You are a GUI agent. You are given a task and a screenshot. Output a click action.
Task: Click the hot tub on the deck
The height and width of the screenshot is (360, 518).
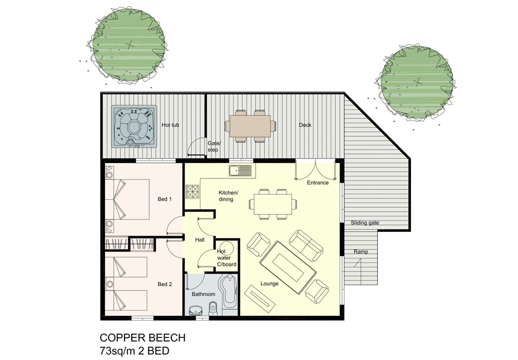click(134, 126)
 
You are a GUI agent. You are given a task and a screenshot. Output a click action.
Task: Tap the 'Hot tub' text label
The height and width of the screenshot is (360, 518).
click(170, 125)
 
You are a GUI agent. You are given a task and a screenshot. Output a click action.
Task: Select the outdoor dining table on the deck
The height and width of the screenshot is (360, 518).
click(251, 126)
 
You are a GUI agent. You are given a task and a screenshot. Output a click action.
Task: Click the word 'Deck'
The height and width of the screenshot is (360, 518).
click(305, 125)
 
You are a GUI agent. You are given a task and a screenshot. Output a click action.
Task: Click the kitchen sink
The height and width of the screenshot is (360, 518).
click(240, 171)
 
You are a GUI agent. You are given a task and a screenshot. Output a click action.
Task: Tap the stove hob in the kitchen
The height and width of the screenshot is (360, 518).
click(193, 191)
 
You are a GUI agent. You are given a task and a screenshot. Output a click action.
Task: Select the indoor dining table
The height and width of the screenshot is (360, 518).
click(273, 204)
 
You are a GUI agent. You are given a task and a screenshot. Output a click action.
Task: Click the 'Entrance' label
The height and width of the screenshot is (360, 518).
click(318, 183)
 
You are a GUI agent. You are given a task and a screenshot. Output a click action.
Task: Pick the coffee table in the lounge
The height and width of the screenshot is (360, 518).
click(288, 267)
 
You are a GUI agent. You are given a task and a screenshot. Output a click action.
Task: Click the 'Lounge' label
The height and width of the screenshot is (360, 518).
click(269, 283)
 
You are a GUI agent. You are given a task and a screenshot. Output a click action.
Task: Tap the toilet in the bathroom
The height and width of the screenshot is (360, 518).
click(213, 309)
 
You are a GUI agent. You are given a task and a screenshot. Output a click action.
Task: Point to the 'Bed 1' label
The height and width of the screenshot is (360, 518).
click(165, 199)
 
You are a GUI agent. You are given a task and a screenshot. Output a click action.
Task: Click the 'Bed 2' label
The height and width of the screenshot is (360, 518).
click(165, 284)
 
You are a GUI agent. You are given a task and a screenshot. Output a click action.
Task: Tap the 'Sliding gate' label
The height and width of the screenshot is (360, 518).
click(365, 223)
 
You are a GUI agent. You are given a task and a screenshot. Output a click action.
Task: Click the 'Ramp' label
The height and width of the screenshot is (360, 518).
click(361, 251)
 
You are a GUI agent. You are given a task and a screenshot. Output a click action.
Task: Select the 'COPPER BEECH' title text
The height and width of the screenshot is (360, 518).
click(142, 337)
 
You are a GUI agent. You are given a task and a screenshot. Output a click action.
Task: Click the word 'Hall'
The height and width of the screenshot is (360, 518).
click(200, 240)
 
